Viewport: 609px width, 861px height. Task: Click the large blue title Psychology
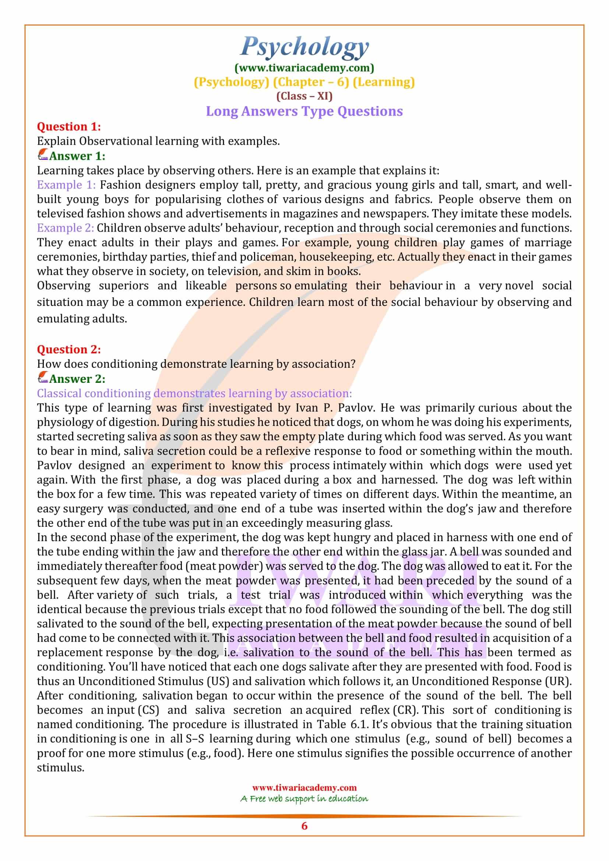[x=304, y=47]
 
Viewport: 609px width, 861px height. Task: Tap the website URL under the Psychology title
[x=304, y=68]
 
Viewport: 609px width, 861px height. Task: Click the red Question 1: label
[x=68, y=127]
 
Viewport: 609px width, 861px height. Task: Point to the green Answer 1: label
[x=77, y=156]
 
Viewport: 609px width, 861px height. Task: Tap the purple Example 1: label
[x=66, y=185]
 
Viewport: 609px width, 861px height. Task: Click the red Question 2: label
[x=68, y=349]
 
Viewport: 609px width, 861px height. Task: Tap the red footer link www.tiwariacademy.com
[x=304, y=787]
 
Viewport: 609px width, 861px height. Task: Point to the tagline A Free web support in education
[x=304, y=798]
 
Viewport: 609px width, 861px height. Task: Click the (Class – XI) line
[x=304, y=96]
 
